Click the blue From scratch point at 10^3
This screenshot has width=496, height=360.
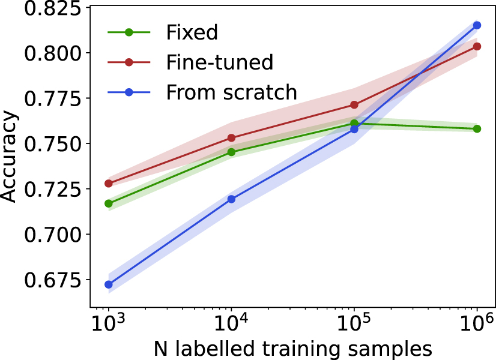click(109, 284)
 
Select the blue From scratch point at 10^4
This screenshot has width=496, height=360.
click(231, 199)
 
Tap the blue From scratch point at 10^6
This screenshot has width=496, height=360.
click(477, 25)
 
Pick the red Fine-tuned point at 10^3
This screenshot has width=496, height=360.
click(109, 184)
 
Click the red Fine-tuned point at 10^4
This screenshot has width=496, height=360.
click(231, 138)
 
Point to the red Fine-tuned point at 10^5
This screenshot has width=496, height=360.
click(354, 105)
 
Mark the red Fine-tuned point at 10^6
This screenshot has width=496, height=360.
click(477, 46)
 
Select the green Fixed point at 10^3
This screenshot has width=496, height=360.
click(109, 203)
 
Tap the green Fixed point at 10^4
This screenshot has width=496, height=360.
click(231, 152)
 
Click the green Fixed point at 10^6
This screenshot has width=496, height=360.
click(477, 129)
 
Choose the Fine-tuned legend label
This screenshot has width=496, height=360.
click(219, 62)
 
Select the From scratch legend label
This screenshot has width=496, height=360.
click(231, 92)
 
